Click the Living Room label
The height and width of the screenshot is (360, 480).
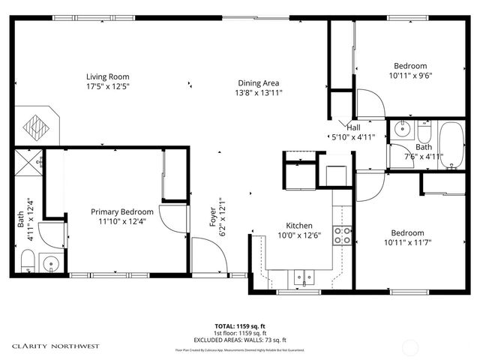click(x=108, y=76)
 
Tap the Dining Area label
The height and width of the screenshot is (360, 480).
click(x=258, y=82)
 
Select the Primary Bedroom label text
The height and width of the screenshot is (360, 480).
click(x=122, y=211)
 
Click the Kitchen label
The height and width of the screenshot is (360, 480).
click(x=299, y=226)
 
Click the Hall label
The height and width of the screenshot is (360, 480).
click(x=353, y=127)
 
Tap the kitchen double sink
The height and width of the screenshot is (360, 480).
click(x=304, y=277)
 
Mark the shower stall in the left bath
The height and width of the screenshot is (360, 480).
click(x=29, y=161)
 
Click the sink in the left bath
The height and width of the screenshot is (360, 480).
click(x=51, y=263)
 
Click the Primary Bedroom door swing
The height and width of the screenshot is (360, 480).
click(x=174, y=217)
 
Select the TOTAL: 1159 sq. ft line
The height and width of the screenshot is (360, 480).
click(x=240, y=326)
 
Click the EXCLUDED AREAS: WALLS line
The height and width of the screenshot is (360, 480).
click(x=240, y=340)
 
